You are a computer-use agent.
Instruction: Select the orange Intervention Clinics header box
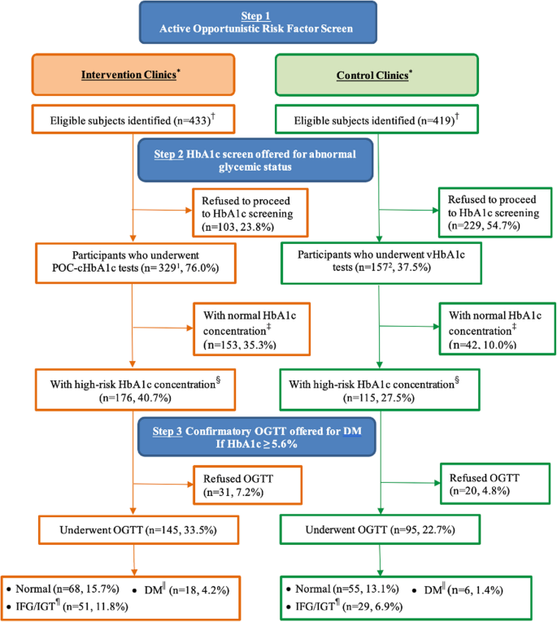[x=133, y=76]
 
